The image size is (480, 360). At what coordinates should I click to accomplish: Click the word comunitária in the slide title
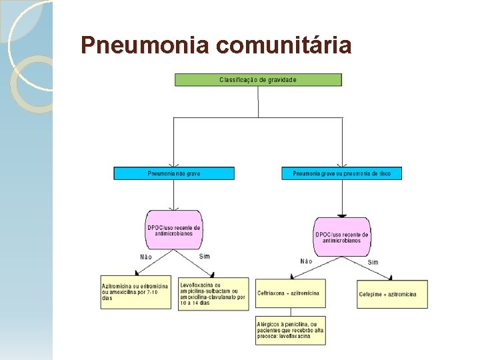[284, 45]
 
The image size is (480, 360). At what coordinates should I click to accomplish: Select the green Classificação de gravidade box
[258, 80]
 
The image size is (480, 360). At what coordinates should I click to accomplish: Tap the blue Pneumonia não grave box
[174, 173]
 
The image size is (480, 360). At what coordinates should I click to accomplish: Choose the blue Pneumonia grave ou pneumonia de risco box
[342, 173]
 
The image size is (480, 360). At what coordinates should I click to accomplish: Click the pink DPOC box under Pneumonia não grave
[174, 230]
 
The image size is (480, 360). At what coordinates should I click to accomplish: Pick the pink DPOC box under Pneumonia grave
[342, 237]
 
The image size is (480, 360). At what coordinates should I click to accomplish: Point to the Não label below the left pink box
[146, 257]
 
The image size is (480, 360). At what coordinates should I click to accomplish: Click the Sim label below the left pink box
[204, 256]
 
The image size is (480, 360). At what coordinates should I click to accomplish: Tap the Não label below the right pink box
[306, 261]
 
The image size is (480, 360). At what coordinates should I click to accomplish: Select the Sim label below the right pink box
[373, 262]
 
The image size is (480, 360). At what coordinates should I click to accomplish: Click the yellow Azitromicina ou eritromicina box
[136, 292]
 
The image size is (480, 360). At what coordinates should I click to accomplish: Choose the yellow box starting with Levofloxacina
[213, 293]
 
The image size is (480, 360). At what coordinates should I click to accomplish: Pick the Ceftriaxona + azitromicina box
[291, 293]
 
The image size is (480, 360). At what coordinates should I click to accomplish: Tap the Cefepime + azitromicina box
[392, 294]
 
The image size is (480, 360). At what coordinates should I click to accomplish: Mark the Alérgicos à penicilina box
[291, 330]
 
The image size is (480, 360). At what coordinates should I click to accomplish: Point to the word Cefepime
[371, 294]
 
